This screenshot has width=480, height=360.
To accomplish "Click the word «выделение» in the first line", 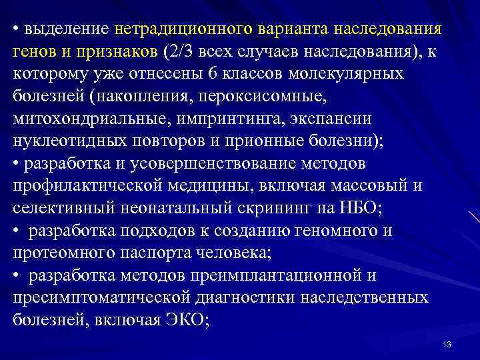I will point(66,30).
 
